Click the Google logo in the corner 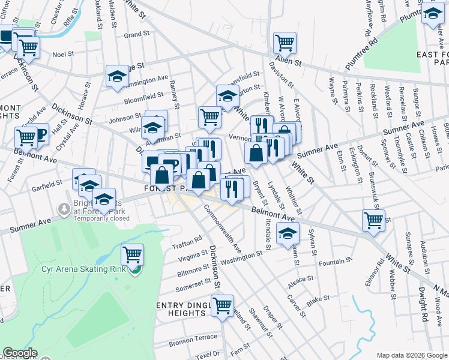point(20,353)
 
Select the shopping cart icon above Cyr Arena point(132,254)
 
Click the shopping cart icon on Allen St point(285,43)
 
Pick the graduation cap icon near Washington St point(288,234)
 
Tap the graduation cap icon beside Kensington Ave point(117,76)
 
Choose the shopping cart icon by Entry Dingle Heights point(223,305)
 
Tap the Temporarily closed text point(101,219)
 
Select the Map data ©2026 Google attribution point(411,355)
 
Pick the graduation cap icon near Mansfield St point(227,96)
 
